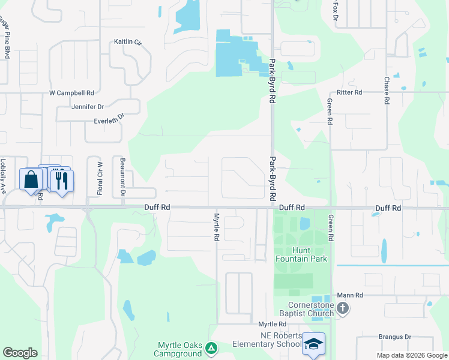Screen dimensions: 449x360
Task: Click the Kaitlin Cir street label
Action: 128,42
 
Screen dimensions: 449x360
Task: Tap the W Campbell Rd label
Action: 72,93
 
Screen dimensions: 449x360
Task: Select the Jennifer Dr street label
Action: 88,107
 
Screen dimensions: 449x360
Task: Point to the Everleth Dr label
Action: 109,119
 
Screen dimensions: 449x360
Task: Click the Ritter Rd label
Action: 349,92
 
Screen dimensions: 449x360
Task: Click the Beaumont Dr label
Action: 122,179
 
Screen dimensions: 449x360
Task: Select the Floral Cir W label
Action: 100,178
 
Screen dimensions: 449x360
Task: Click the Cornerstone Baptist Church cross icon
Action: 343,308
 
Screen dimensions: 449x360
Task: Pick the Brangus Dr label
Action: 394,337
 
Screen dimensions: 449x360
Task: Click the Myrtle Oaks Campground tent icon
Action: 211,348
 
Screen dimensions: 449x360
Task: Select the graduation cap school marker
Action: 313,344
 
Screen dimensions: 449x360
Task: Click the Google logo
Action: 20,353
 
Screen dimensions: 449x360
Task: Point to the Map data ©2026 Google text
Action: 411,355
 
